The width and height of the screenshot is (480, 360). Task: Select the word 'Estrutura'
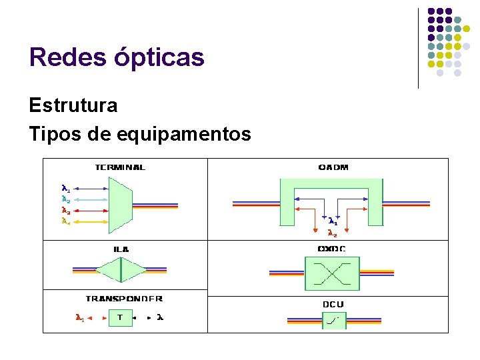pos(73,105)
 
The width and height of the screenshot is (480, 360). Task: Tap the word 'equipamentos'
pos(184,135)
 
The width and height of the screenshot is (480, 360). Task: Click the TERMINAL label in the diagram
pos(120,167)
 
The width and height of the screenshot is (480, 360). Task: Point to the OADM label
pos(333,167)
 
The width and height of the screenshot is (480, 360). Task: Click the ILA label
pos(121,249)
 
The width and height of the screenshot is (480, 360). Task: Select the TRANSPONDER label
pos(124,299)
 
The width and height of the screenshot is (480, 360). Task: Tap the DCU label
pos(333,305)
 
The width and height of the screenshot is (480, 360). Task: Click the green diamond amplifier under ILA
pos(121,270)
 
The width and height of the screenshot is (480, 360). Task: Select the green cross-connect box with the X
pos(332,273)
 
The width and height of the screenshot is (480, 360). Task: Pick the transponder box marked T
pos(120,317)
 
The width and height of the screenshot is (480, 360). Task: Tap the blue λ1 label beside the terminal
pos(65,188)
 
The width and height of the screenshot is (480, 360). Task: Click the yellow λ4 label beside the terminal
pos(65,221)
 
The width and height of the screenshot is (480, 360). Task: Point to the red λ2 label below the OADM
pos(332,233)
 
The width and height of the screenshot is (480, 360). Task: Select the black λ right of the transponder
pos(159,317)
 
